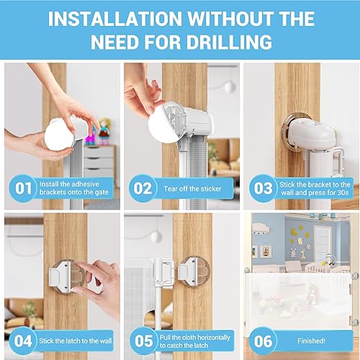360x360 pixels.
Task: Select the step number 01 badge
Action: (x=23, y=189)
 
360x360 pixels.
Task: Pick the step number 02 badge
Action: (x=143, y=189)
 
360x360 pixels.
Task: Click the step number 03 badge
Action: (x=261, y=189)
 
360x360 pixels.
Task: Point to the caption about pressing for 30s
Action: (x=314, y=189)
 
